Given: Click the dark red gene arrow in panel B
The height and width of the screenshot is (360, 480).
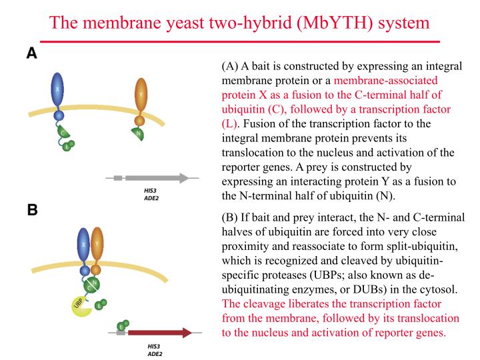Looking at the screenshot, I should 160,331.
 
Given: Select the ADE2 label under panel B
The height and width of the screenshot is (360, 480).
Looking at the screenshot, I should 154,354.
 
